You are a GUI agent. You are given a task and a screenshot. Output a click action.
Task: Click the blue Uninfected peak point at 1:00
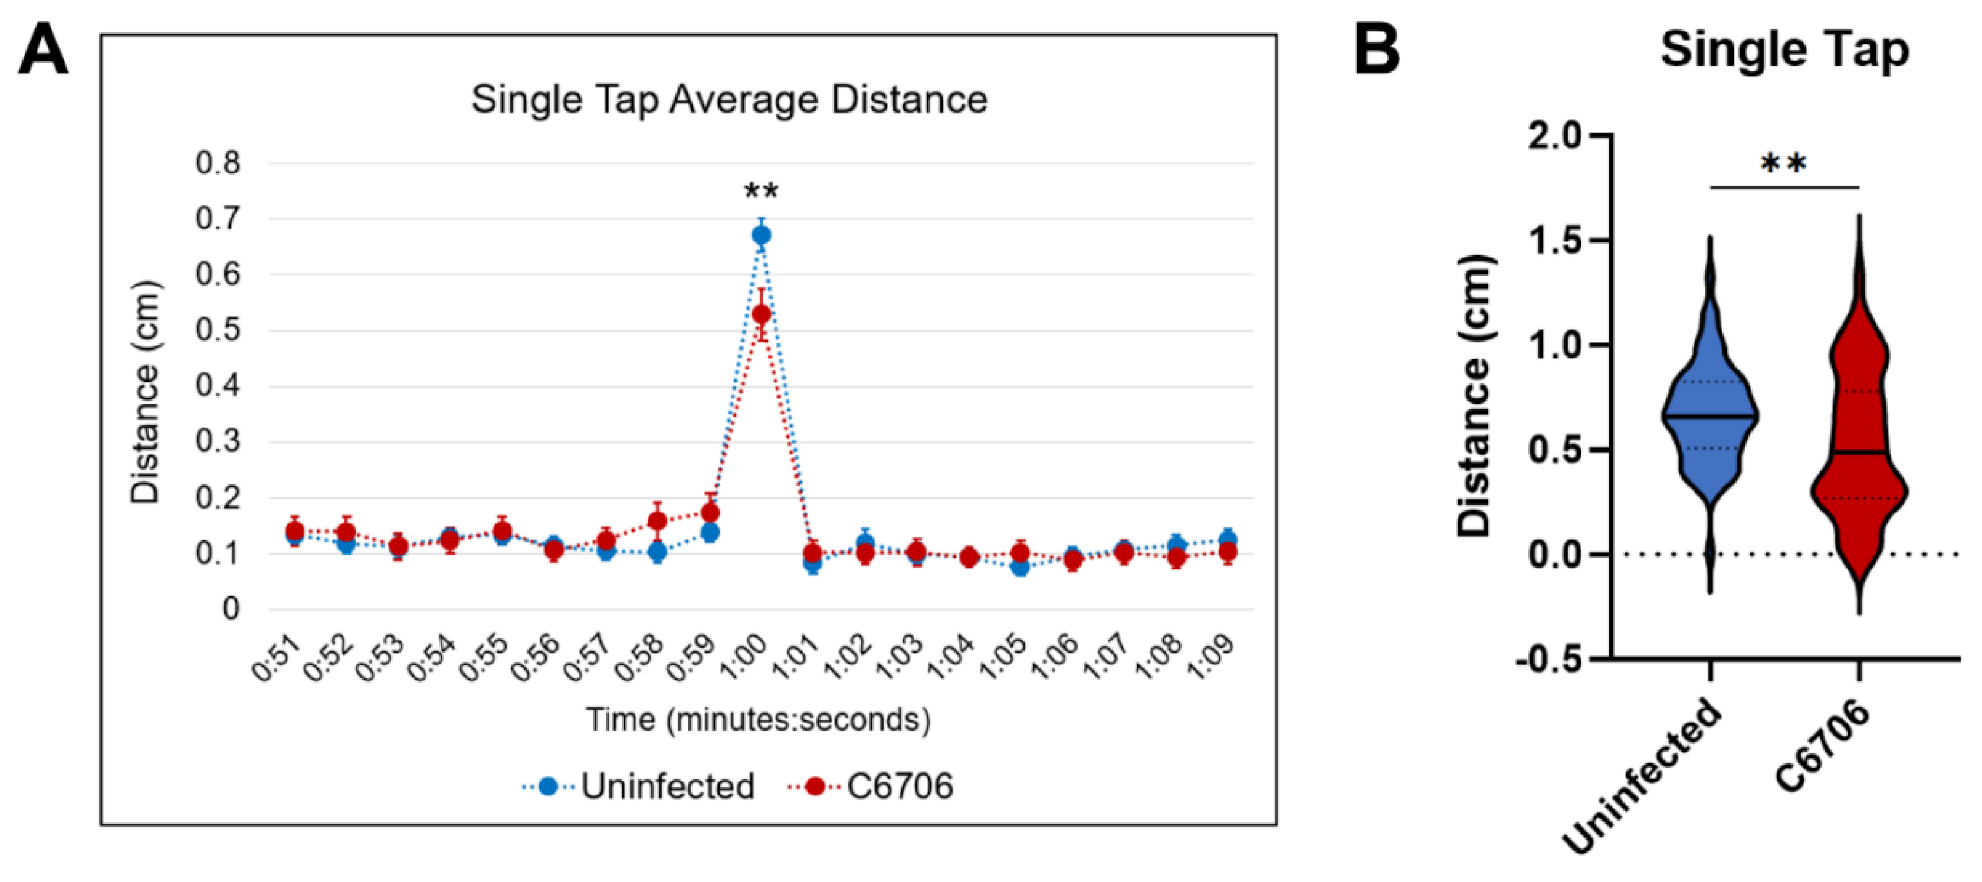(x=761, y=235)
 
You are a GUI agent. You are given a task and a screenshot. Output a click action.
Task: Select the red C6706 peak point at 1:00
(x=761, y=315)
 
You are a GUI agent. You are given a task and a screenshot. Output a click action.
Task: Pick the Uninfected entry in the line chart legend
(x=667, y=786)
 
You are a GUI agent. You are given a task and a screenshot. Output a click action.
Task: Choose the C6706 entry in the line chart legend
(x=898, y=786)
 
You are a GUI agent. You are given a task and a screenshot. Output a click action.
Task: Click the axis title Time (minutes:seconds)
(x=758, y=720)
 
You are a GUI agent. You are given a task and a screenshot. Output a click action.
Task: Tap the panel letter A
(x=43, y=49)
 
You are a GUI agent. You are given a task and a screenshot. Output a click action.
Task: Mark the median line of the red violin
(x=1859, y=453)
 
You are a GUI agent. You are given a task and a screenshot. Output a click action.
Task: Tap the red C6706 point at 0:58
(x=657, y=522)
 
